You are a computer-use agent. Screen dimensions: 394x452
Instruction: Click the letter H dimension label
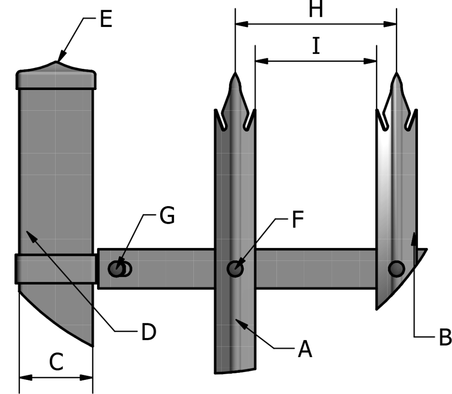[316, 10]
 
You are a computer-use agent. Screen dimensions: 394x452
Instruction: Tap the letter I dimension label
[316, 46]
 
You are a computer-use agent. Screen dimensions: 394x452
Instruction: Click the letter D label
[148, 332]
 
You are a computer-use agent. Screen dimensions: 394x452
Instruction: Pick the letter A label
[305, 349]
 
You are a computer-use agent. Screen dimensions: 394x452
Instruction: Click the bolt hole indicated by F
[235, 268]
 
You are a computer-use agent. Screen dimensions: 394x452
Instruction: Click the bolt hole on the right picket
[396, 268]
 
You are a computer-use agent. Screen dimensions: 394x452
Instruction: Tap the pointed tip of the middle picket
[235, 73]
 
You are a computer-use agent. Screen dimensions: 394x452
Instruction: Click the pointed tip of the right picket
[396, 73]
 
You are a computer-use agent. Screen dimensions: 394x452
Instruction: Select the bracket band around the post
[56, 268]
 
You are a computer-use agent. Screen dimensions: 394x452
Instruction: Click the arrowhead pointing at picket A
[239, 322]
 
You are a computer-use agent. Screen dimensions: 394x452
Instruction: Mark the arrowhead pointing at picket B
[414, 236]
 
